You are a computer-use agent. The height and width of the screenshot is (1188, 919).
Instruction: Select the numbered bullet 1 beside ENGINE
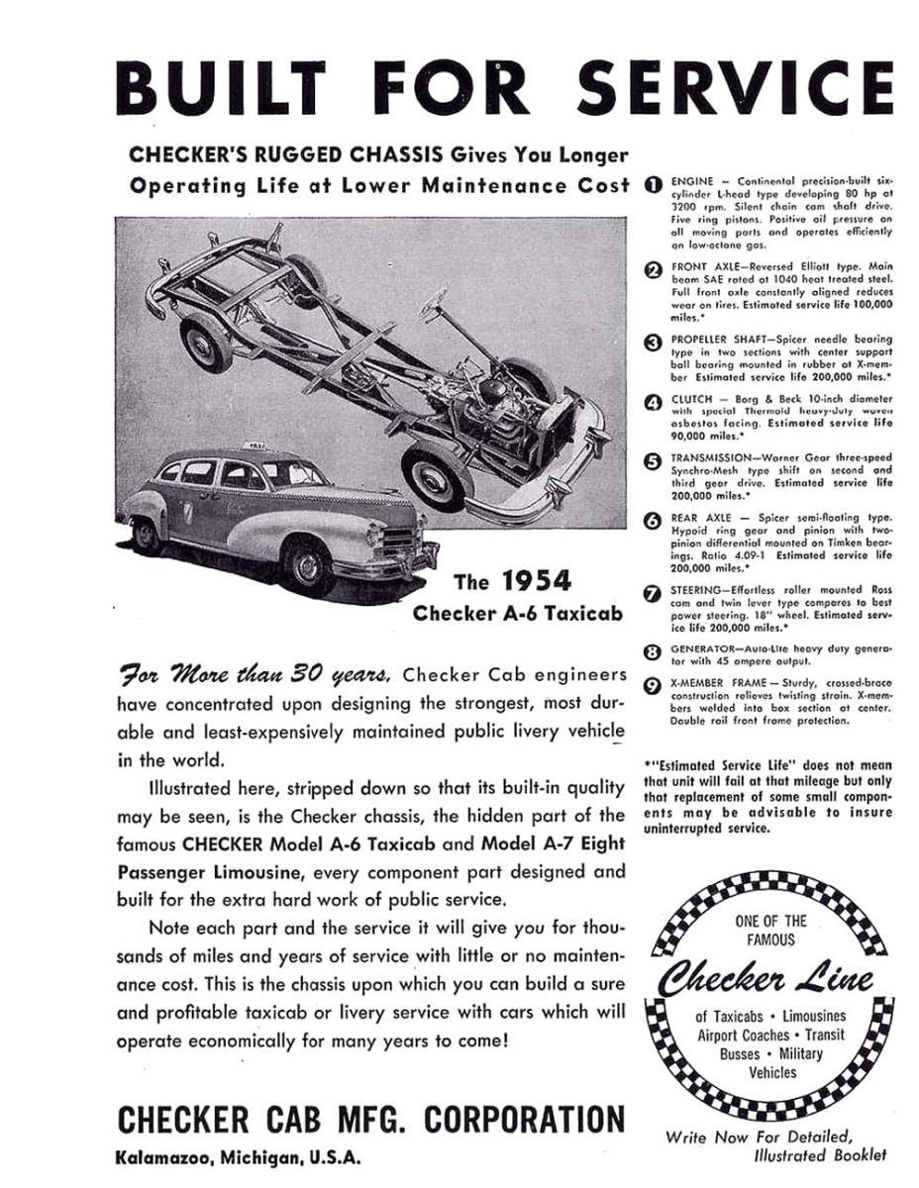tap(653, 183)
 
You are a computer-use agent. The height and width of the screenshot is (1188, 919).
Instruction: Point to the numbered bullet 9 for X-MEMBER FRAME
tap(653, 683)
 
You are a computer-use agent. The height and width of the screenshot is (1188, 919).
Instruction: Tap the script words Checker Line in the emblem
tap(766, 981)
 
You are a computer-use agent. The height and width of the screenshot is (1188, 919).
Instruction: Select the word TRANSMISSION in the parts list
tap(718, 458)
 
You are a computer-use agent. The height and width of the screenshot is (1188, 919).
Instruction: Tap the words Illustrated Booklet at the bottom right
tap(820, 1155)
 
